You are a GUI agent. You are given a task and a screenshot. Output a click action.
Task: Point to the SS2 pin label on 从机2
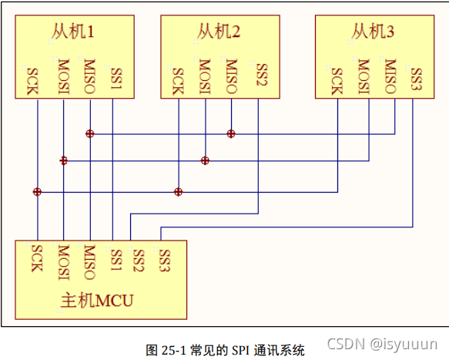[x=260, y=80]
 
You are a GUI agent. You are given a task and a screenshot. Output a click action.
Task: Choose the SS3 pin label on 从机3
[x=416, y=80]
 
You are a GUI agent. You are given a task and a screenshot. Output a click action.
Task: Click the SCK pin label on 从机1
[x=34, y=81]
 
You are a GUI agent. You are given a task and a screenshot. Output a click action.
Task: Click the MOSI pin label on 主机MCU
[x=63, y=262]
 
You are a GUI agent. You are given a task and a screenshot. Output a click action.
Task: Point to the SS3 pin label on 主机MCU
[x=164, y=259]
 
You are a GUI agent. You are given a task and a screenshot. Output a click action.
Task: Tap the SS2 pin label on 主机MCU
[x=139, y=259]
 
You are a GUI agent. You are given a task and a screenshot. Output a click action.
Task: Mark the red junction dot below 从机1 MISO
[x=89, y=133]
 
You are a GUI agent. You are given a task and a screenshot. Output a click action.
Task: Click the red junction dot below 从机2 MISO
[x=231, y=133]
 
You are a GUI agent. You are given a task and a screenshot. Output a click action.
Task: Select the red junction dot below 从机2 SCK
[x=179, y=191]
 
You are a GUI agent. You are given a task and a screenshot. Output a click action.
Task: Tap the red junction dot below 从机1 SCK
[x=36, y=191]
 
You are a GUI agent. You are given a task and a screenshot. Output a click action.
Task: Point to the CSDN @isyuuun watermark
[x=382, y=344]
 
